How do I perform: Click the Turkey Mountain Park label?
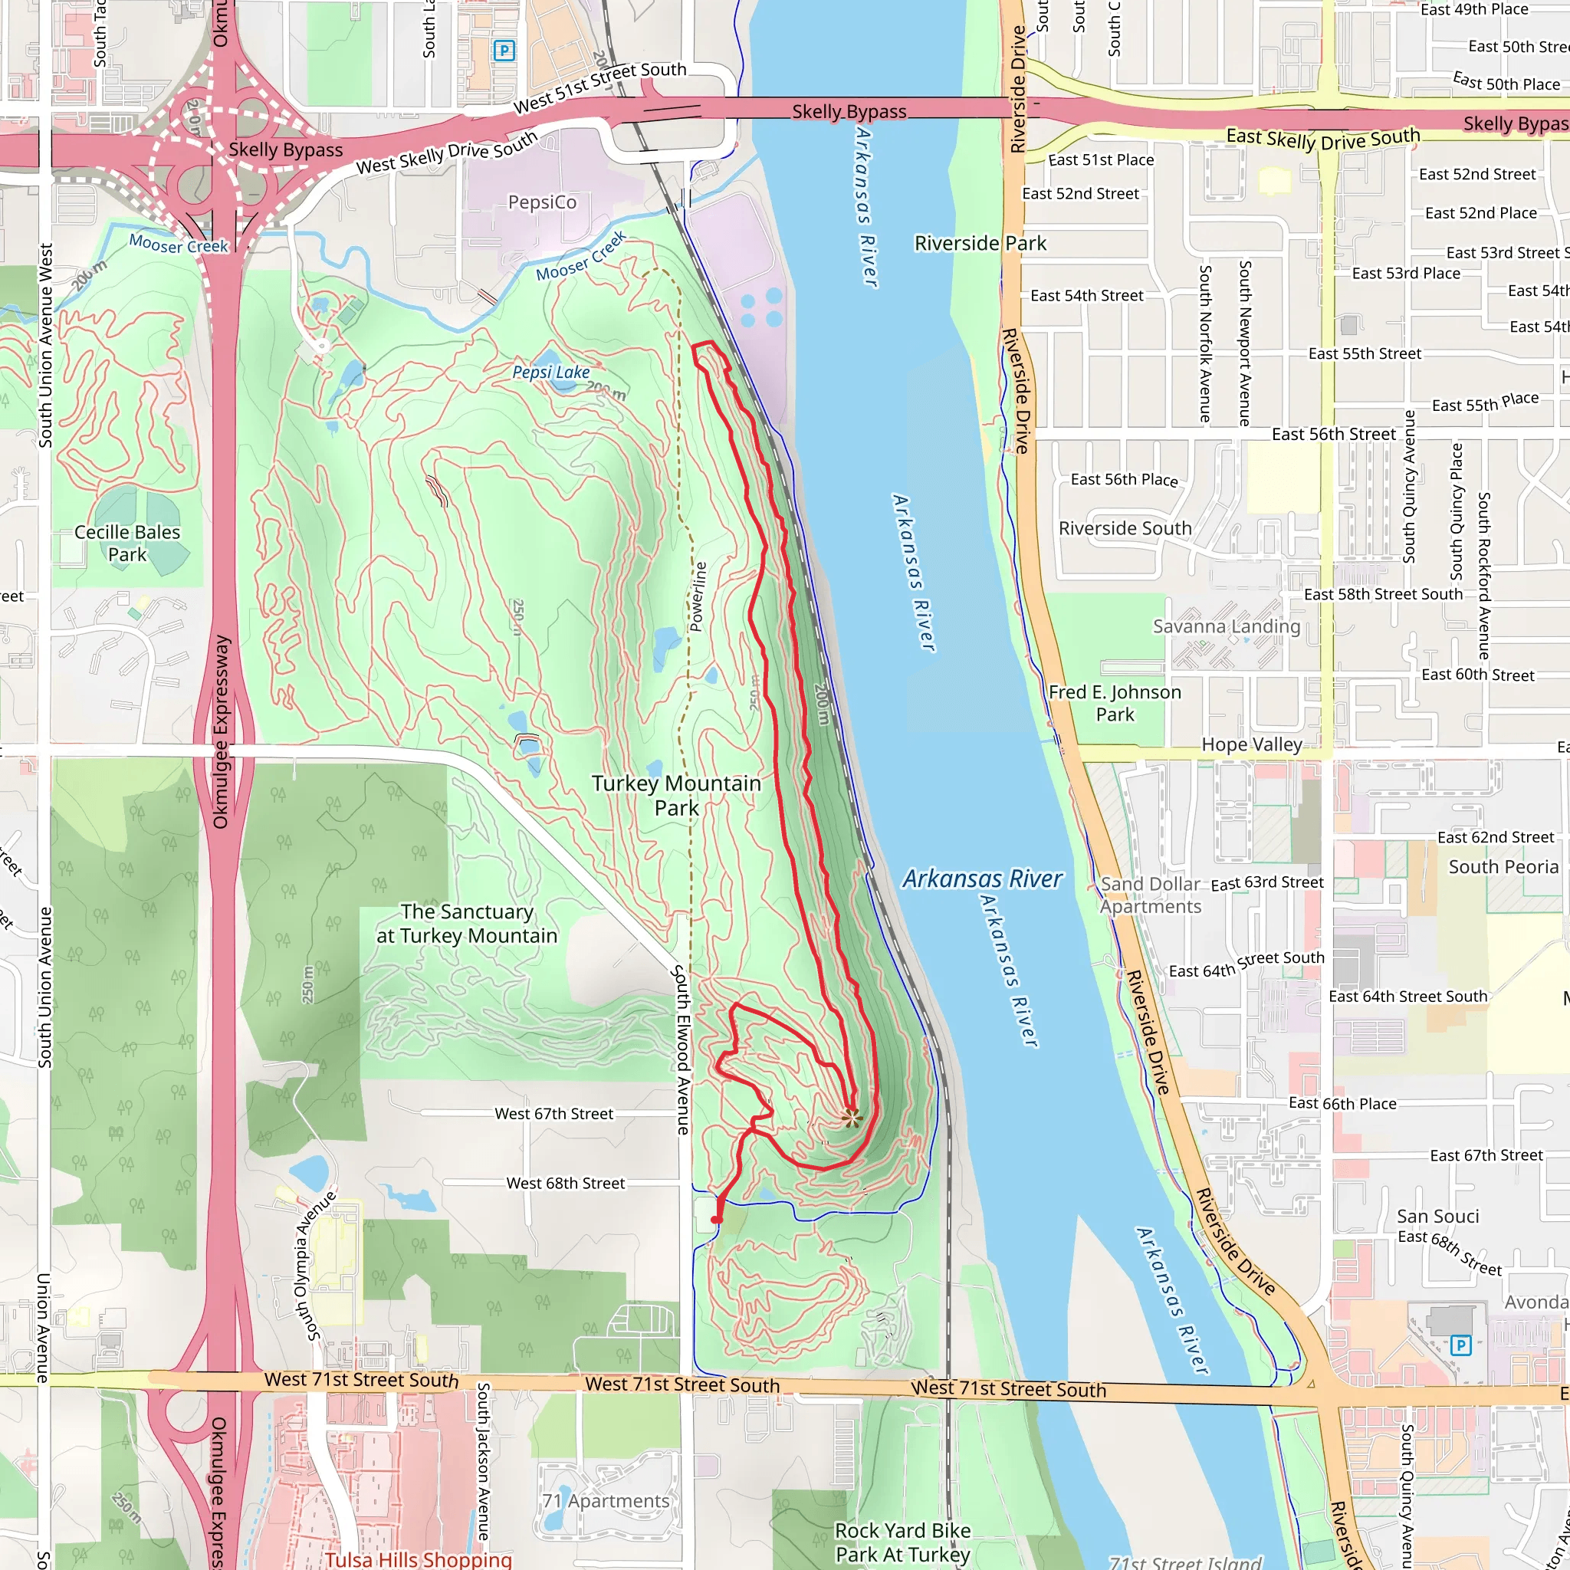click(676, 795)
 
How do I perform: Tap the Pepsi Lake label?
click(551, 372)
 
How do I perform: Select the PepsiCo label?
click(542, 202)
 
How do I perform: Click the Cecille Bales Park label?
click(127, 543)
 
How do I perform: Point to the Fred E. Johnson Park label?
click(1115, 703)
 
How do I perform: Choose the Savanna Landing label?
click(1227, 626)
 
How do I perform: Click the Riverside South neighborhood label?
click(1125, 528)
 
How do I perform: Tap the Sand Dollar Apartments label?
click(1151, 895)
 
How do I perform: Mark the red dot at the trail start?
click(716, 1220)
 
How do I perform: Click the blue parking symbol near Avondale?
click(1460, 1345)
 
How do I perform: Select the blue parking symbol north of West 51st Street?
click(504, 51)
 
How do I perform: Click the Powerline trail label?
click(698, 596)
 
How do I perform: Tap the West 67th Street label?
click(553, 1113)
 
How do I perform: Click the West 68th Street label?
click(565, 1183)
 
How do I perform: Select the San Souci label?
click(1437, 1217)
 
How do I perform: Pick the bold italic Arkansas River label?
click(982, 879)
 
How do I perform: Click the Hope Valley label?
click(1251, 744)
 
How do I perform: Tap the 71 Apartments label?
click(606, 1501)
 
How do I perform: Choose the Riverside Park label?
click(980, 243)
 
